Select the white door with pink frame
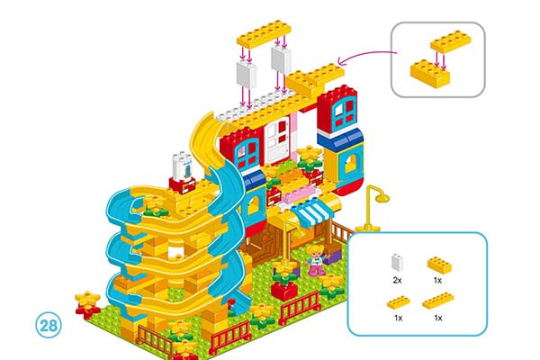point(277,143)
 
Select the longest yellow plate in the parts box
point(438,301)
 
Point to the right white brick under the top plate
point(281,60)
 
